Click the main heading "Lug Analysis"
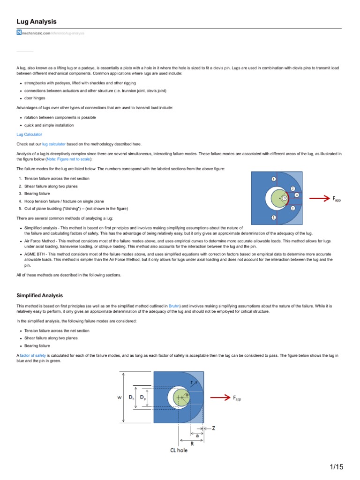point(37,22)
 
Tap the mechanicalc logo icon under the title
point(19,33)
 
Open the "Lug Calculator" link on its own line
point(29,134)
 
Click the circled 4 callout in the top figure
point(297,195)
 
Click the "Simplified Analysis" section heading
point(39,295)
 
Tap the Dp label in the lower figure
point(142,397)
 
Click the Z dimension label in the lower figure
point(214,428)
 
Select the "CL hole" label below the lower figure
point(179,450)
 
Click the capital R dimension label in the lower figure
point(192,443)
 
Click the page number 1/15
point(337,467)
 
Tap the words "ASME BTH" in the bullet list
point(34,254)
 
